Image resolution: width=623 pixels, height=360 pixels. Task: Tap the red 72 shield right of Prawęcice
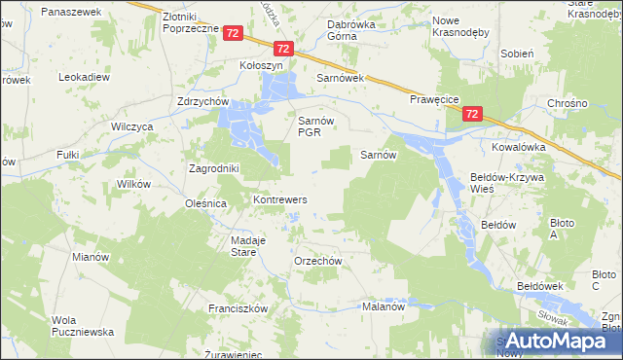472,114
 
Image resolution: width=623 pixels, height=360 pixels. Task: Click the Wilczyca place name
133,127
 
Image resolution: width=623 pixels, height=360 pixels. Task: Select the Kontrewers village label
280,199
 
